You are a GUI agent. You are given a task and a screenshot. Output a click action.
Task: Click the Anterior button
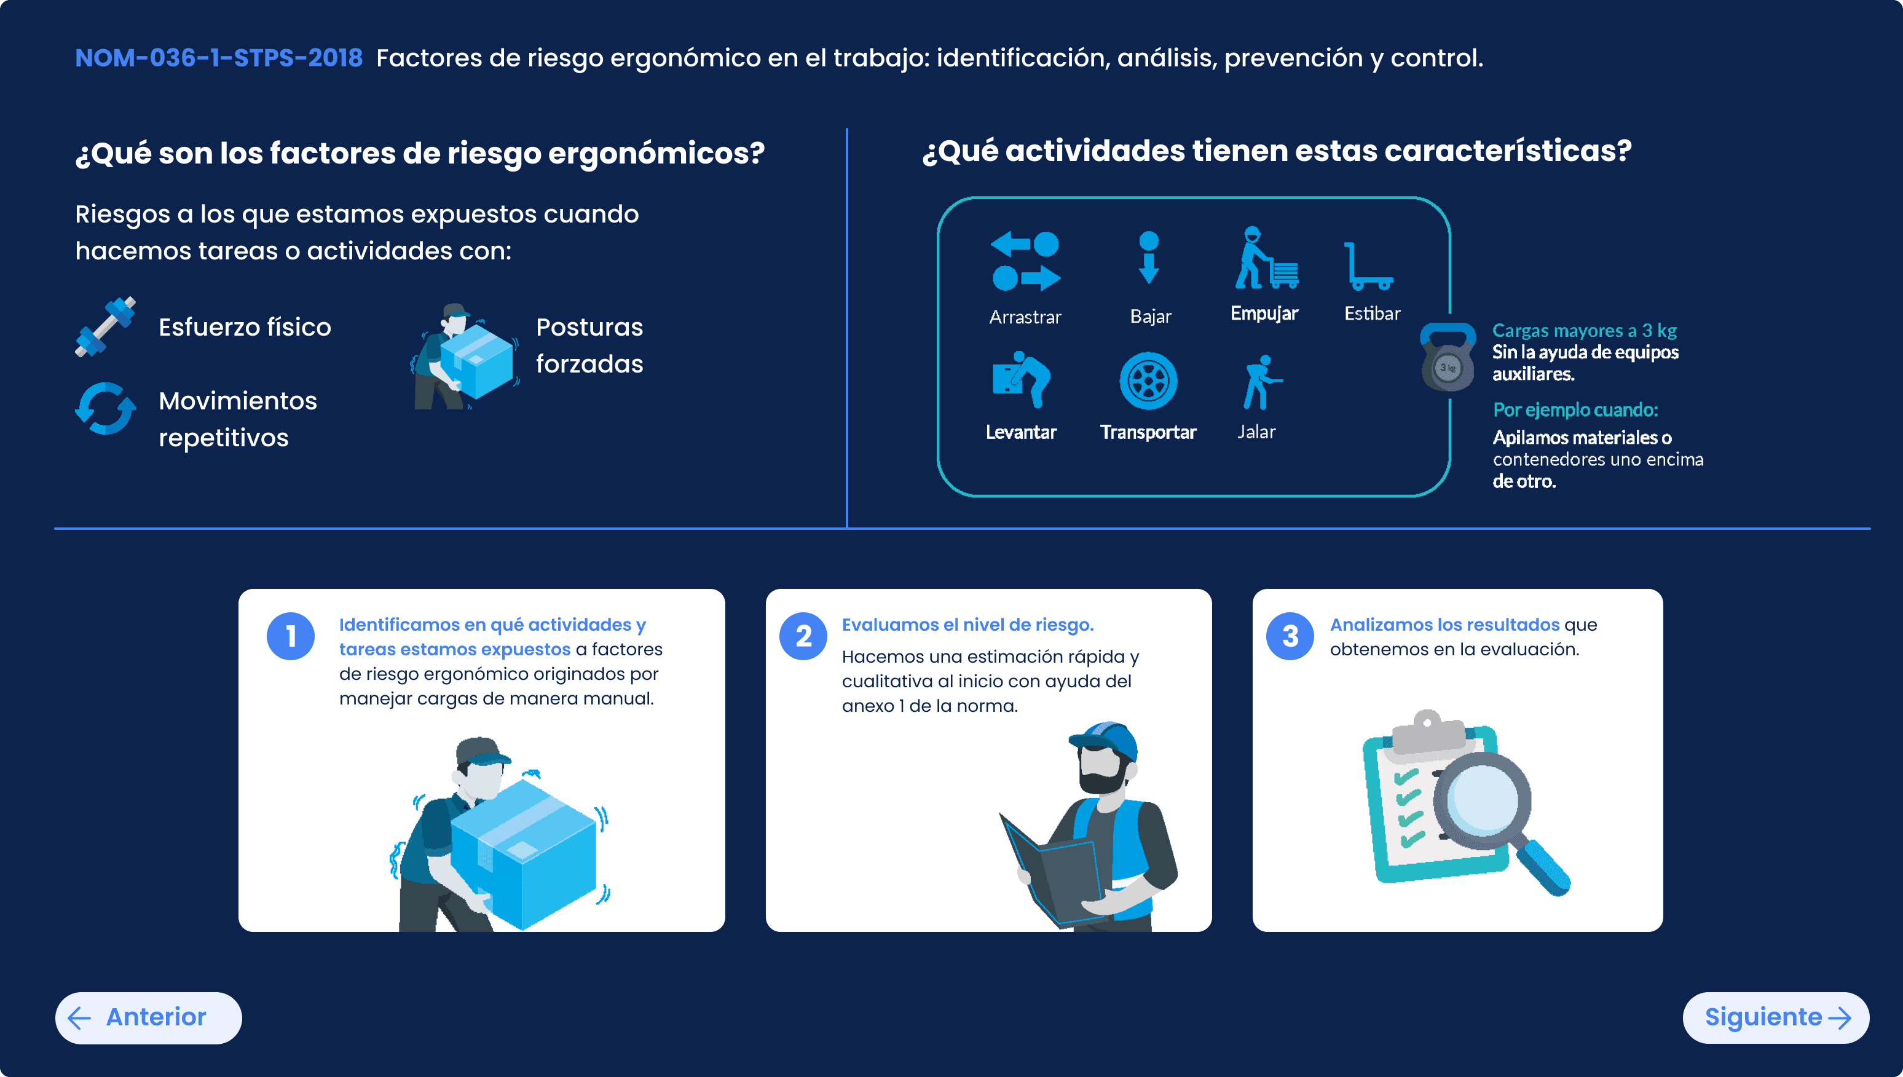(x=148, y=1018)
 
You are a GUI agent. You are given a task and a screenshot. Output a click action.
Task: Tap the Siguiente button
(x=1775, y=1018)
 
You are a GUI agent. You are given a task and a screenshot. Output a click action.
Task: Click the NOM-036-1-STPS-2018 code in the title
(x=219, y=58)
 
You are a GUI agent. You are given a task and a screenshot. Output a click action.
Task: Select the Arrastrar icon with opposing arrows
(x=1025, y=261)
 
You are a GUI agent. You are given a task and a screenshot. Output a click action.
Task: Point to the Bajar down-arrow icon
(x=1149, y=258)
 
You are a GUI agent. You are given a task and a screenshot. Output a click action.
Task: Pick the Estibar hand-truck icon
(x=1368, y=266)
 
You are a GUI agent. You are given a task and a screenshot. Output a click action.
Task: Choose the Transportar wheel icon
(x=1148, y=381)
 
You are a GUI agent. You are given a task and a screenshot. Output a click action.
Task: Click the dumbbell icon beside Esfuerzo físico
(x=106, y=326)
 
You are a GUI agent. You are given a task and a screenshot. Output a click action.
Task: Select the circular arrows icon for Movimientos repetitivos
(x=106, y=408)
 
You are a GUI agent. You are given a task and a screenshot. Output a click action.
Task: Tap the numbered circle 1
(x=291, y=636)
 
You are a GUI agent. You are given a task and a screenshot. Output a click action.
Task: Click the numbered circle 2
(x=803, y=636)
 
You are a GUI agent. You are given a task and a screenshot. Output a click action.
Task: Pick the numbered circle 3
(x=1290, y=636)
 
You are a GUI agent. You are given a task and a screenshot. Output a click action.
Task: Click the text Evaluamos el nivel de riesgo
(x=967, y=625)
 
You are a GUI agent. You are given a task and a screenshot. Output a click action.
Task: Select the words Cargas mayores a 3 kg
(x=1584, y=330)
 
